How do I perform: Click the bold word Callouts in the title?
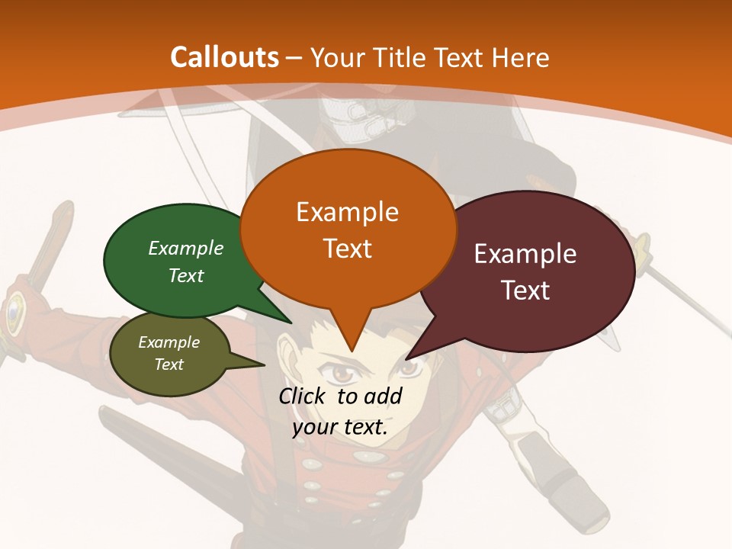point(224,58)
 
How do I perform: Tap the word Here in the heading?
point(521,58)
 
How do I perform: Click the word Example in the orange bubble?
point(347,212)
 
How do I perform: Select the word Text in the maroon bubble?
point(525,291)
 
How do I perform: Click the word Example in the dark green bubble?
point(186,249)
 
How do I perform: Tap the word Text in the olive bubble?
point(169,364)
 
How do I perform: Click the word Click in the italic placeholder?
point(303,396)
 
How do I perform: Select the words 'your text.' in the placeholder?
point(340,427)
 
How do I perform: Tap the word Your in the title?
point(337,58)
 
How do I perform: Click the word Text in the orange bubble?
point(347,249)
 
